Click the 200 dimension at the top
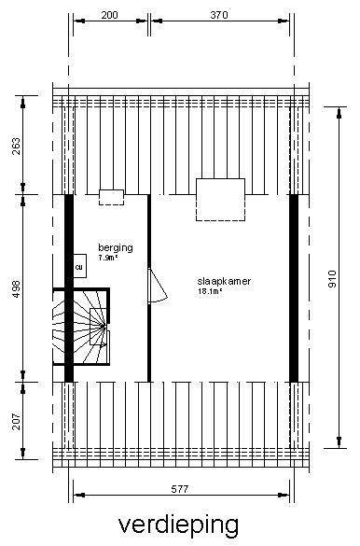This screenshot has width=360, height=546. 109,15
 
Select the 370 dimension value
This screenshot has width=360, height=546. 219,15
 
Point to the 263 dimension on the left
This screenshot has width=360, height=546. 17,147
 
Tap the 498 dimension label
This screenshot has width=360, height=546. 17,289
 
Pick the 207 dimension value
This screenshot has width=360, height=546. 17,422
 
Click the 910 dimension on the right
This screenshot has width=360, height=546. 332,278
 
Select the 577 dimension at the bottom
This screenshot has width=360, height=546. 180,489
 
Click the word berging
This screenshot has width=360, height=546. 116,248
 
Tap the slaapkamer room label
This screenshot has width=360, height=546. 224,281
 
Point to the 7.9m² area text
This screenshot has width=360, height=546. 108,258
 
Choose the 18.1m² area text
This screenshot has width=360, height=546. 210,291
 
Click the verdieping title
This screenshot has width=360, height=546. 179,525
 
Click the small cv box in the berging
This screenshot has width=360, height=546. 79,266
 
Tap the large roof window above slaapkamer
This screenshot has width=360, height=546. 220,200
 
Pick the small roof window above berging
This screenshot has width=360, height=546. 111,198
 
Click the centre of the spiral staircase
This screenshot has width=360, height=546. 104,327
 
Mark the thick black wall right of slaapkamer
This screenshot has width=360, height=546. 294,288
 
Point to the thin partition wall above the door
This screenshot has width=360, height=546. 149,231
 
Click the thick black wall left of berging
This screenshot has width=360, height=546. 69,288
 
